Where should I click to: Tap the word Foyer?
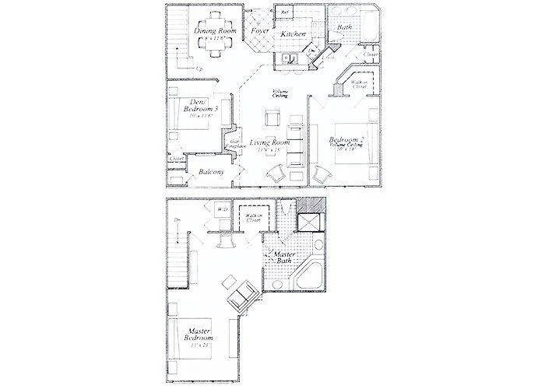tap(260, 32)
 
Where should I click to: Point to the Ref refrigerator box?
tap(285, 13)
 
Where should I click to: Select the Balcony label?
tap(211, 172)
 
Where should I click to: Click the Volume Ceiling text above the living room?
tap(280, 93)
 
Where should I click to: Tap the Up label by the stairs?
tap(200, 69)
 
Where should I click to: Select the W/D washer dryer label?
tap(221, 209)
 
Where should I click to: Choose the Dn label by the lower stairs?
tap(178, 220)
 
